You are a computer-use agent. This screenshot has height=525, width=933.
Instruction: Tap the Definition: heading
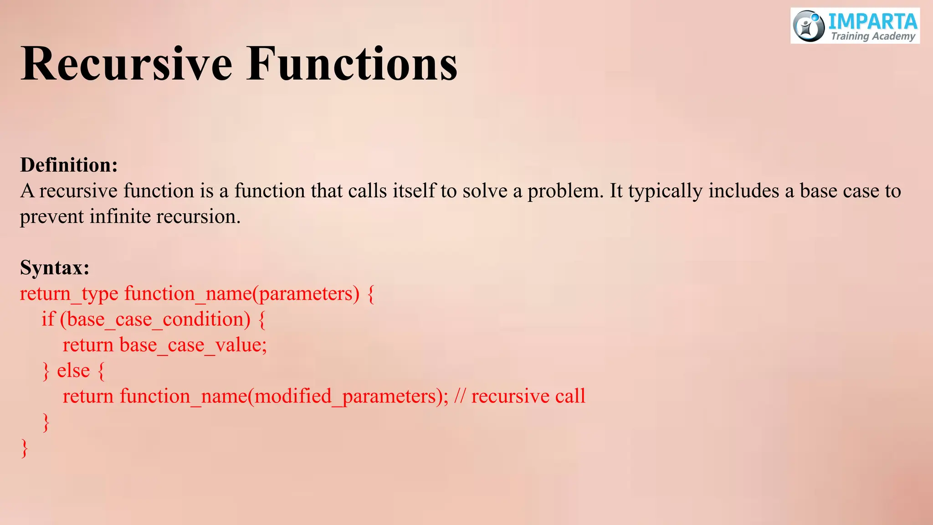tap(69, 165)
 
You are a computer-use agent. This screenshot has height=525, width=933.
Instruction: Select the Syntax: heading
tap(55, 268)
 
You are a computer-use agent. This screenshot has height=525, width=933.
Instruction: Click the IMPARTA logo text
tap(872, 21)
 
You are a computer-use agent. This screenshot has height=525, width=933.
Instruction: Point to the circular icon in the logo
tap(809, 26)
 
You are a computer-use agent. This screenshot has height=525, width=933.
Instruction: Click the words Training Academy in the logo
tap(872, 36)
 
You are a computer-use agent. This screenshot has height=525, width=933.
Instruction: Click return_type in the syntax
tap(69, 294)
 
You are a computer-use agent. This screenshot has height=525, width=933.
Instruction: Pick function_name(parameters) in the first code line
tap(241, 294)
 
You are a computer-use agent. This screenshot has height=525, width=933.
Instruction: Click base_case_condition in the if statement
tap(158, 319)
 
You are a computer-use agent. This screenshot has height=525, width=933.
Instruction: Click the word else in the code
tap(73, 371)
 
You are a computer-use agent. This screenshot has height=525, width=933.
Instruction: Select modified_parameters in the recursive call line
tap(345, 396)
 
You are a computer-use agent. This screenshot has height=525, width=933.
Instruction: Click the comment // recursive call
tap(519, 396)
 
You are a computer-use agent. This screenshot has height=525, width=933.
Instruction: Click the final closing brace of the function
tap(25, 448)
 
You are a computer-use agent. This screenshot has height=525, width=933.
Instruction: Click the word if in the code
tap(48, 319)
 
